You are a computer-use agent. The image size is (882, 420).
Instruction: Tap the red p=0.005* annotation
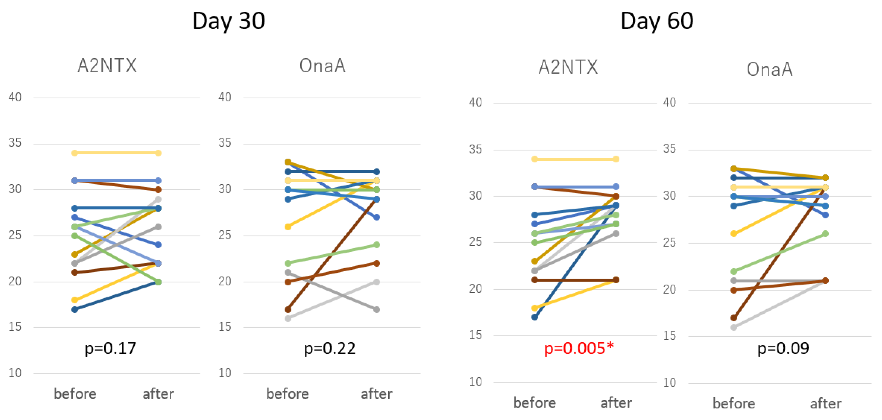point(579,349)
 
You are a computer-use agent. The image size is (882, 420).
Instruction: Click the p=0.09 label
point(783,349)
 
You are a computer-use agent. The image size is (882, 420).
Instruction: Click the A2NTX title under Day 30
point(107,66)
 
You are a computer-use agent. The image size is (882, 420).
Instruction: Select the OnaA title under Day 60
point(769,69)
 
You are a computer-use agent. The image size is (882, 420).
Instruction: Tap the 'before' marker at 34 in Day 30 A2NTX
point(75,153)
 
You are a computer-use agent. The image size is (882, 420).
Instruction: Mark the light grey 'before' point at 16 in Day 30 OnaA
point(288,319)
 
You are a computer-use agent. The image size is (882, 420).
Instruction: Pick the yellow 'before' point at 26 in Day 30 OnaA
point(288,227)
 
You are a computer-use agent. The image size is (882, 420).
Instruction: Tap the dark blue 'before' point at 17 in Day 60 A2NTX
point(534,317)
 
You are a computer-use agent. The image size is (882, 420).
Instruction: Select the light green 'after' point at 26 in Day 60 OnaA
point(825,234)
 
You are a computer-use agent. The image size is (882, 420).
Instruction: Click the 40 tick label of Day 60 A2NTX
point(475,102)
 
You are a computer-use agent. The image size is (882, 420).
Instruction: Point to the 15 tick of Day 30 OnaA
point(225,327)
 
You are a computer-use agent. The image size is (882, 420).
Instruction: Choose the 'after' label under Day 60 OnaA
point(825,403)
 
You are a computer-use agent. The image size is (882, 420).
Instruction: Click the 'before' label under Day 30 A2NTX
point(75,394)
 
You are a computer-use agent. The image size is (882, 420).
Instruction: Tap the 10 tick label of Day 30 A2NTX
point(15,373)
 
